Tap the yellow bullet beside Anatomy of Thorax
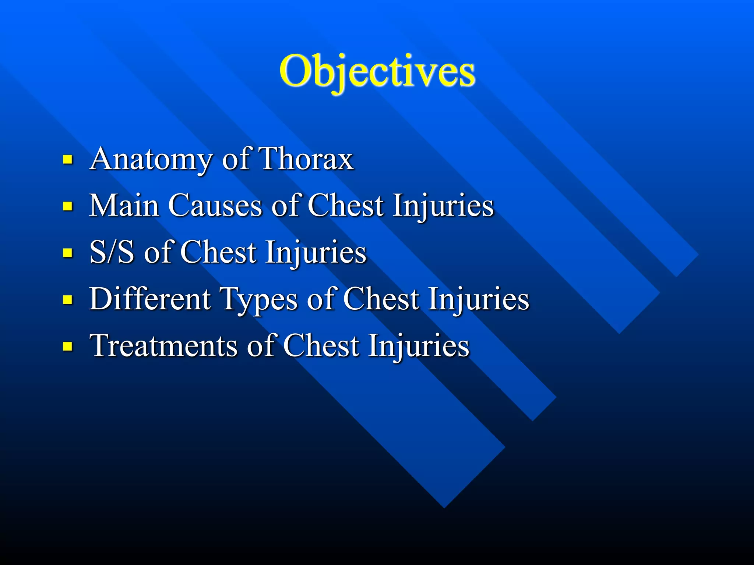[x=67, y=160]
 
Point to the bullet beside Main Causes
[x=67, y=206]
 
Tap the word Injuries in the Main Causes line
[x=443, y=206]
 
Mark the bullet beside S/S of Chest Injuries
[x=67, y=253]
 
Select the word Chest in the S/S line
[x=218, y=252]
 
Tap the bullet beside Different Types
[x=67, y=300]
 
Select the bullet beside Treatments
[x=67, y=347]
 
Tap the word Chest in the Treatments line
[x=321, y=346]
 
